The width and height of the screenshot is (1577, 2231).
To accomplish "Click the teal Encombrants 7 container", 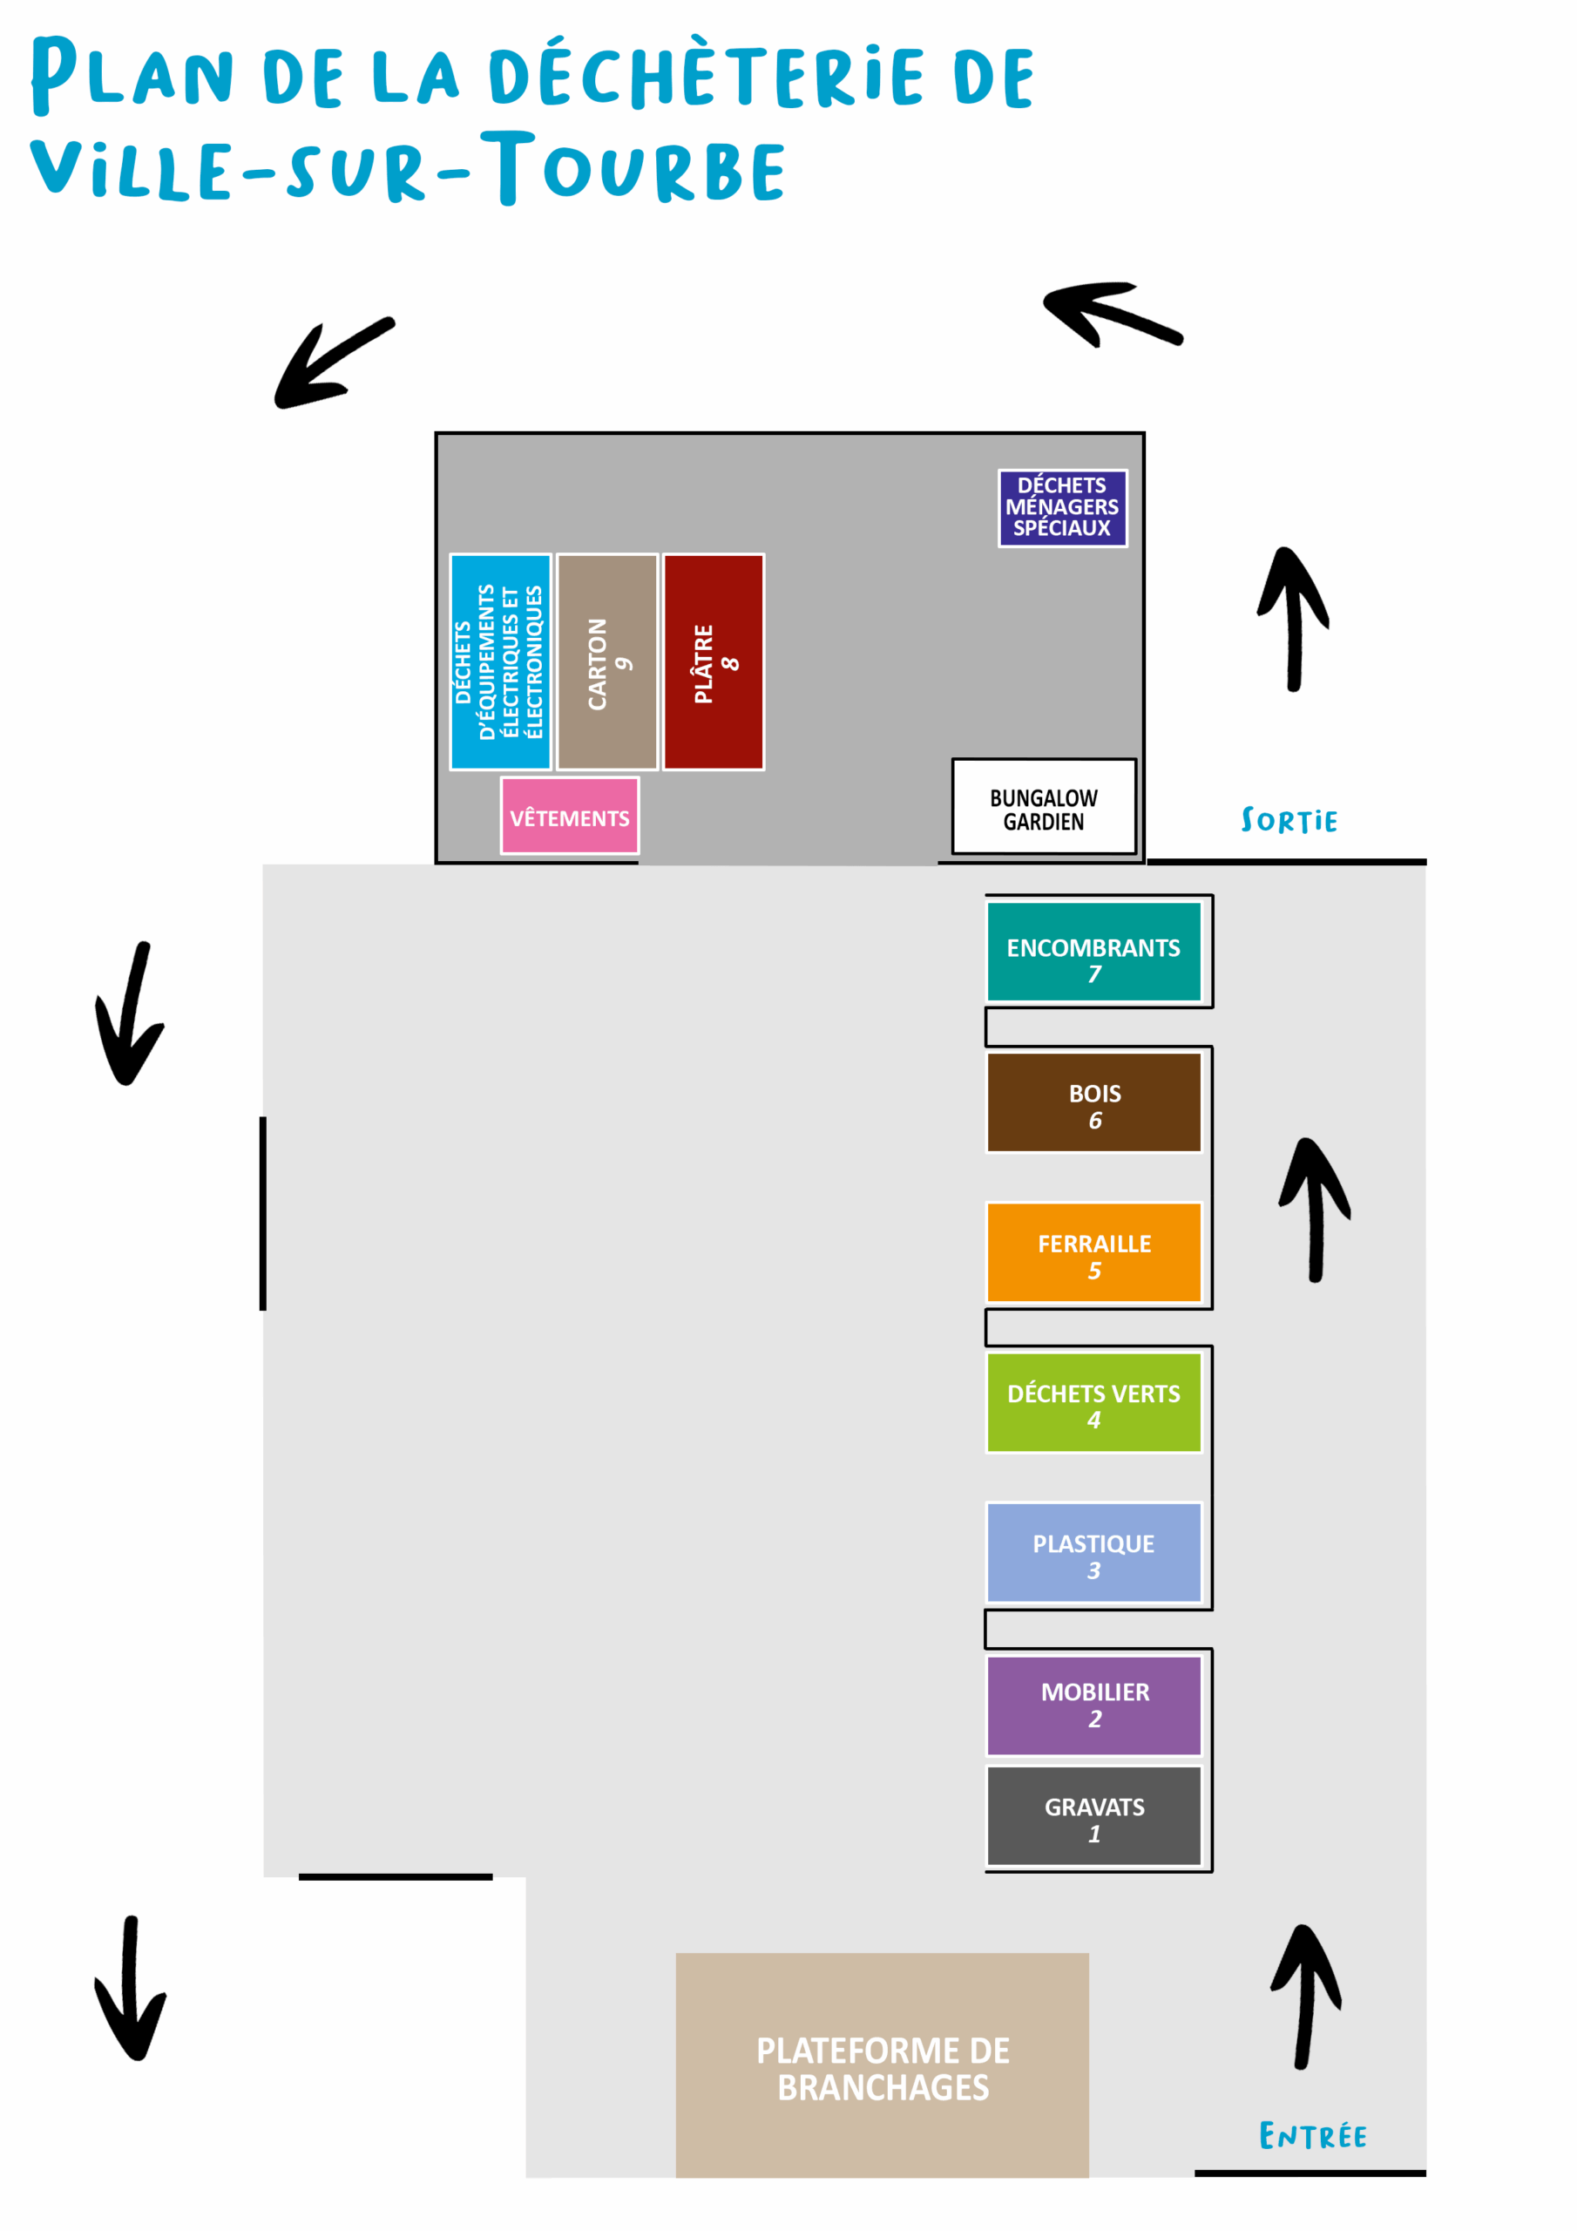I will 1093,952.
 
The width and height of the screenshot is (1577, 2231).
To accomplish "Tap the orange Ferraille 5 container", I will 1093,1251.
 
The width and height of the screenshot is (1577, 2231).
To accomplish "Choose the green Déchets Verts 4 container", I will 1093,1402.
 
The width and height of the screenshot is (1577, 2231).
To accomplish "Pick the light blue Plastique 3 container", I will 1093,1552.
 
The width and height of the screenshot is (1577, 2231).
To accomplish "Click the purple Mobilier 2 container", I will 1093,1705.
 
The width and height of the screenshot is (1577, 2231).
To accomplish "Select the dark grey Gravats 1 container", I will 1093,1815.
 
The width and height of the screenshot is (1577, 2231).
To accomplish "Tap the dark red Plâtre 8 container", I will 714,661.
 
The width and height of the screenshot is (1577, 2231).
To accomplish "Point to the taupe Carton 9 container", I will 607,661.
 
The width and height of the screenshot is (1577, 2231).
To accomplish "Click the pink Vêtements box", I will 570,817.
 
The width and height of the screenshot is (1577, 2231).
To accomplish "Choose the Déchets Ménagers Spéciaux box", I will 1062,507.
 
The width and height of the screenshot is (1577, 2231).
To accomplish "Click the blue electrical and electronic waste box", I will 500,661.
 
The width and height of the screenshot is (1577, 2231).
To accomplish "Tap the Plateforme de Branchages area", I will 883,2065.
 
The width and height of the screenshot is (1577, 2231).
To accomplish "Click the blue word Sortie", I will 1289,821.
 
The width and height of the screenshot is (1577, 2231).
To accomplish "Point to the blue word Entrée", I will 1312,2135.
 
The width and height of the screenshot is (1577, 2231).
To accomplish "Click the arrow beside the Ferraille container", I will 1315,1210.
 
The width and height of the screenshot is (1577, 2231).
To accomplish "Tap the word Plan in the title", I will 132,76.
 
